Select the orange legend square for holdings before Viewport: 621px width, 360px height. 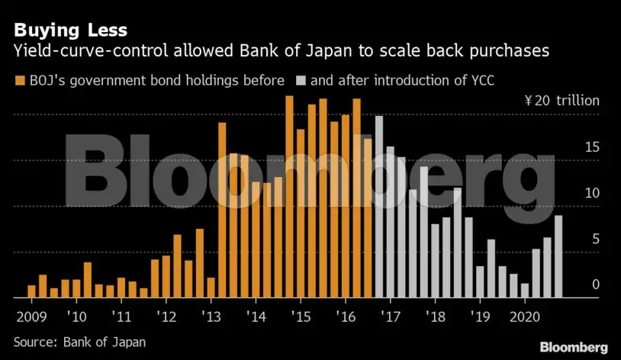point(18,79)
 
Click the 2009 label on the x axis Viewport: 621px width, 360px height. point(30,316)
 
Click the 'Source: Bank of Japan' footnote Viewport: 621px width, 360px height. point(79,342)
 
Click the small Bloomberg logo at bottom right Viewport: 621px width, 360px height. point(574,347)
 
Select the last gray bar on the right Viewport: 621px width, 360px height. point(558,256)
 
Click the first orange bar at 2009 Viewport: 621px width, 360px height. point(31,291)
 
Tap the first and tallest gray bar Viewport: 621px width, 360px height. point(379,207)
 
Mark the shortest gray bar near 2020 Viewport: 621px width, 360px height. point(524,291)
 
